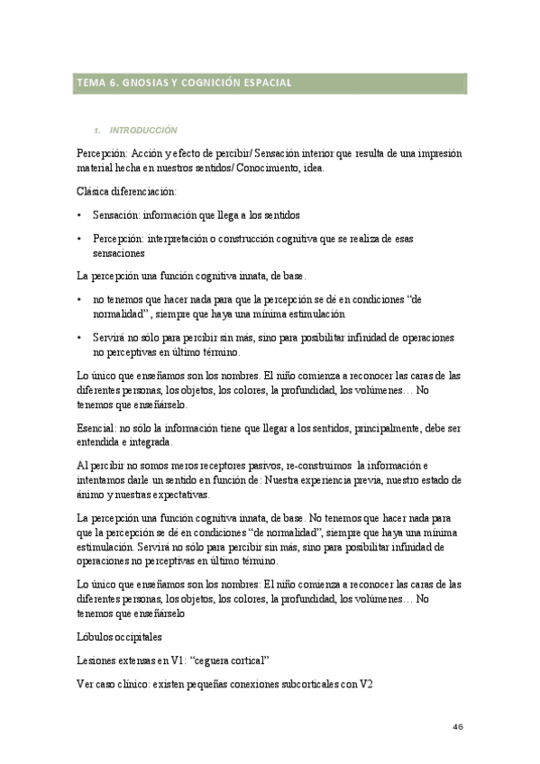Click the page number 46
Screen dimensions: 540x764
(x=458, y=726)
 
